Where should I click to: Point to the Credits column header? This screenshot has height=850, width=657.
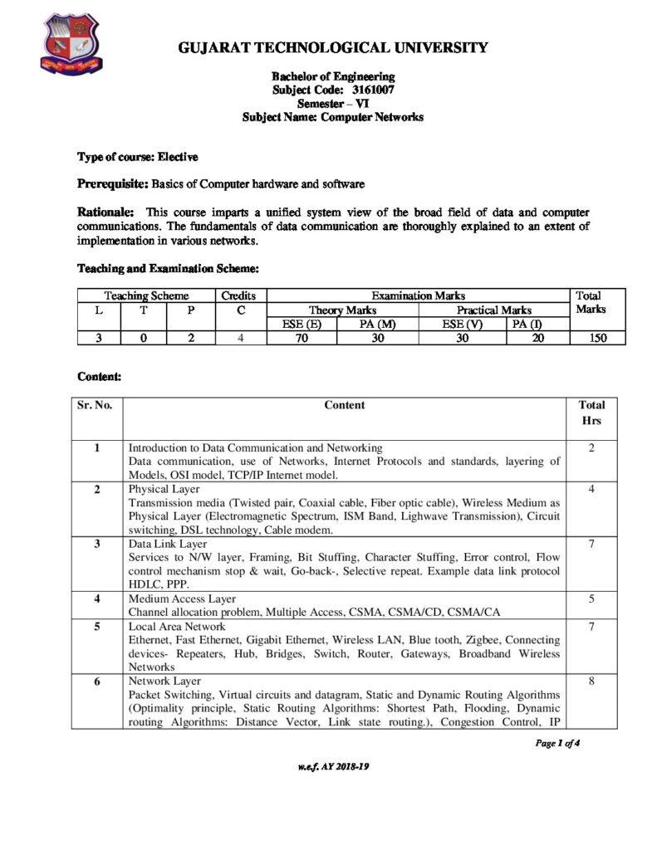[x=238, y=296]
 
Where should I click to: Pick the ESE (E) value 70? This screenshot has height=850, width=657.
[x=302, y=338]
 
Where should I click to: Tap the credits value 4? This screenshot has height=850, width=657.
[x=238, y=338]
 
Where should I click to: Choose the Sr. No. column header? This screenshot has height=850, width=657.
[x=97, y=405]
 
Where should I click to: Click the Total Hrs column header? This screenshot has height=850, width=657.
[x=591, y=413]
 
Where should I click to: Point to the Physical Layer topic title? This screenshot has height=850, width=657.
[x=159, y=490]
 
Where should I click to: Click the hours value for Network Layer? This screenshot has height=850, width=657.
[x=591, y=681]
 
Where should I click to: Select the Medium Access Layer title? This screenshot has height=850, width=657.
[x=182, y=598]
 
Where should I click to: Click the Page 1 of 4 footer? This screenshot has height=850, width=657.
[x=556, y=743]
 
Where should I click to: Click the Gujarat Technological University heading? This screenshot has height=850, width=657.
[x=333, y=48]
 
